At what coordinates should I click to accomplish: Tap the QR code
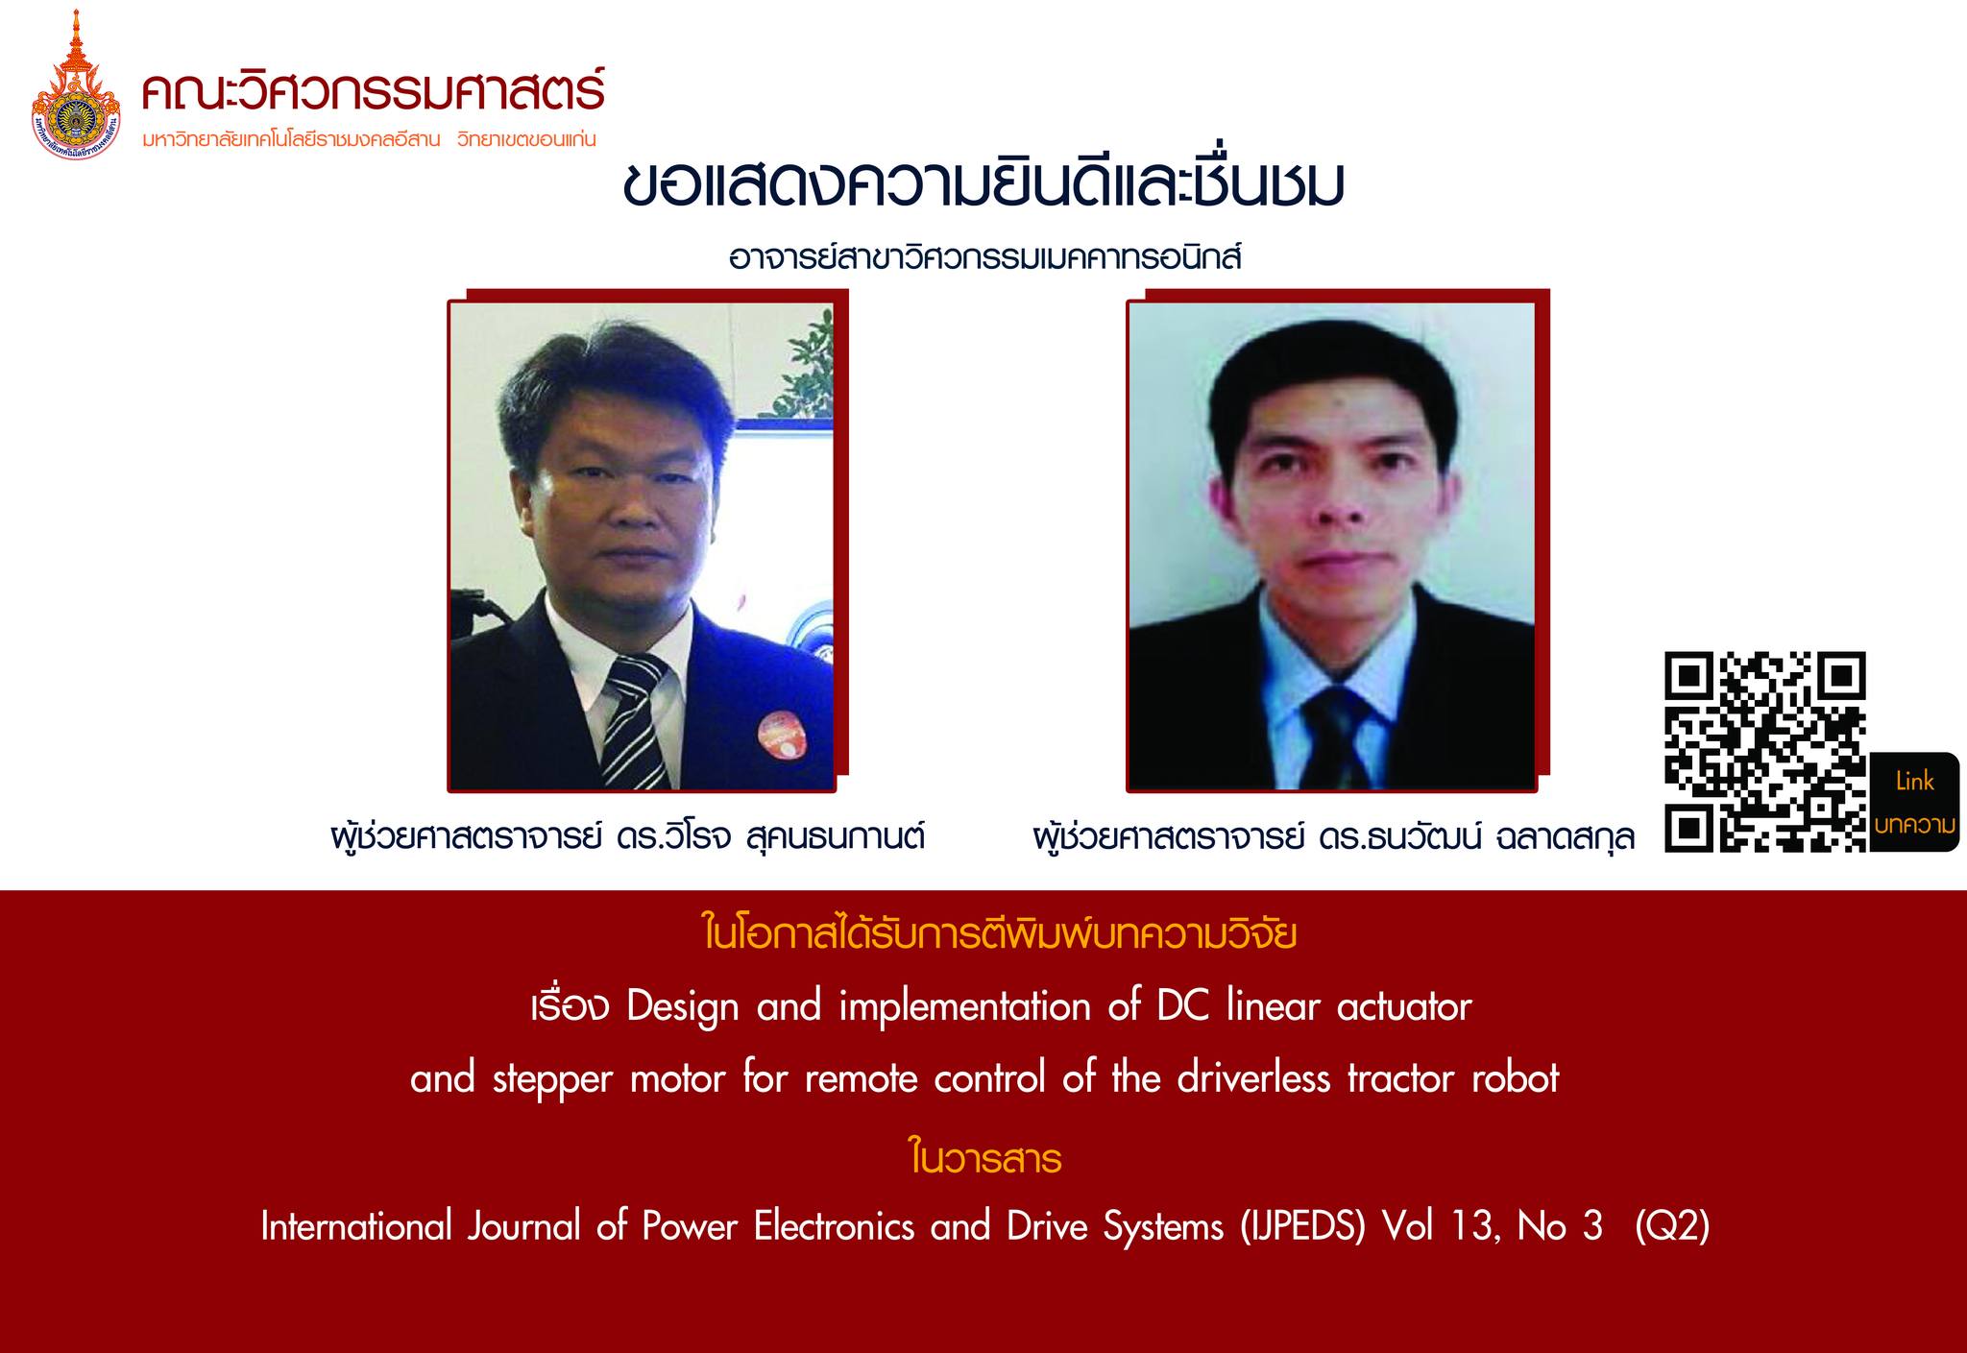click(1764, 751)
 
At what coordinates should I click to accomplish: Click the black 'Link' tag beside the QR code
click(1914, 802)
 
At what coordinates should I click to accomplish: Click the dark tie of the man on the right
click(1340, 735)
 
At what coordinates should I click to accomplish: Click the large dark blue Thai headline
click(983, 188)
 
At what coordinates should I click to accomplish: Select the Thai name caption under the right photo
click(1333, 836)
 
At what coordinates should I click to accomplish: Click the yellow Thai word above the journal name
click(984, 1160)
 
